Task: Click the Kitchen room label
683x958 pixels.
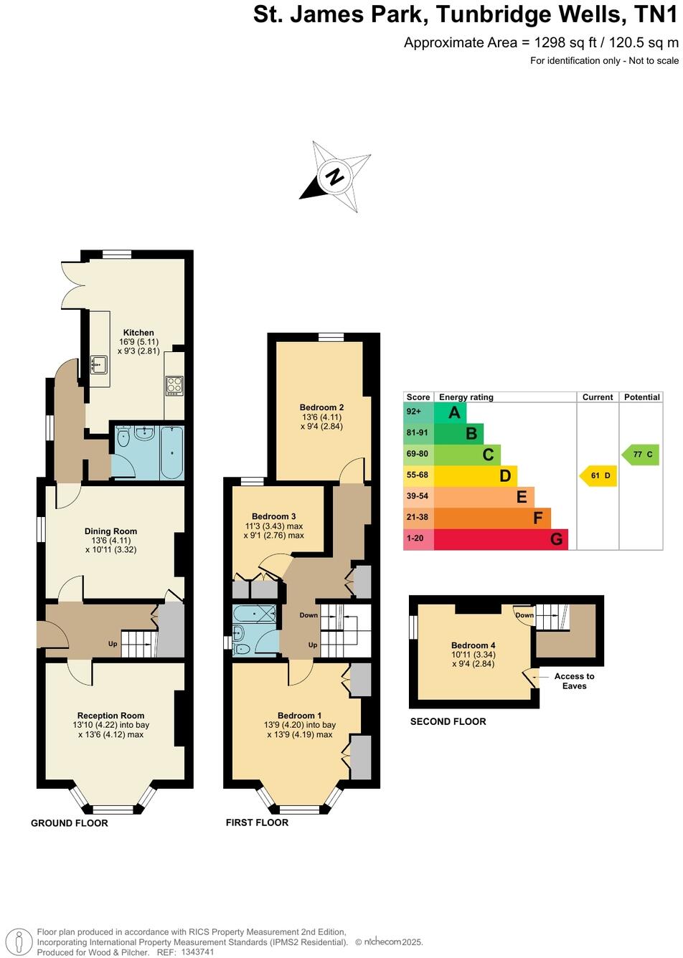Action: [x=138, y=333]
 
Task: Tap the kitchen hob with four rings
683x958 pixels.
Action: [x=174, y=386]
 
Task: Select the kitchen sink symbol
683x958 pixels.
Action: [x=98, y=366]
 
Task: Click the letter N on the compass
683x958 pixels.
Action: [x=334, y=176]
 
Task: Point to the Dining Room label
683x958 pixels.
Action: [x=110, y=531]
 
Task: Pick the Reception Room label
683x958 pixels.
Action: [x=110, y=715]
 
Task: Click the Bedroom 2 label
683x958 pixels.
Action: [x=321, y=407]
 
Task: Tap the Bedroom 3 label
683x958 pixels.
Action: [x=273, y=516]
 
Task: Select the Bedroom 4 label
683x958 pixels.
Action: [x=473, y=645]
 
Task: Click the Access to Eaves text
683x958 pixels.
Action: [x=574, y=681]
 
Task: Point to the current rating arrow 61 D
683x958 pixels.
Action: [x=598, y=475]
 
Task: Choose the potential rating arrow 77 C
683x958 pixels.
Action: [x=641, y=455]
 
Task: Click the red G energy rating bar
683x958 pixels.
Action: [x=501, y=539]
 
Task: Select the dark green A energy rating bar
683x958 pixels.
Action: [x=451, y=412]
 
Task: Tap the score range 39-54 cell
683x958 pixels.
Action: [x=418, y=496]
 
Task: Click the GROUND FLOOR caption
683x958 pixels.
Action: [x=69, y=823]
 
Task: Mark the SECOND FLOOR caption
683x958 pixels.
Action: [x=448, y=721]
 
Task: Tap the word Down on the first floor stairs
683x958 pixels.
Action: [x=308, y=615]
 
